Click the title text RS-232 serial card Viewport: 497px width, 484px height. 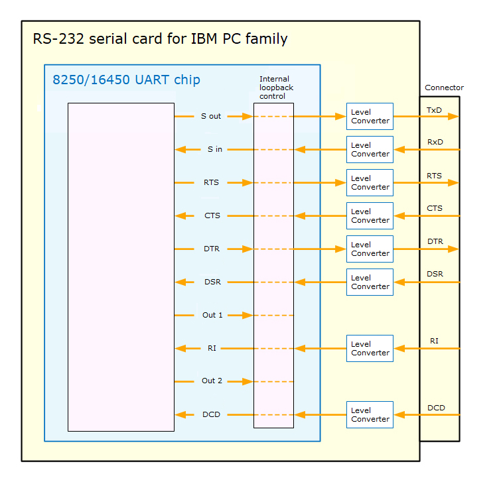point(160,38)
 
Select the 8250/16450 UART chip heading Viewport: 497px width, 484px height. point(126,80)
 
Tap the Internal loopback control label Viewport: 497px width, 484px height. point(276,88)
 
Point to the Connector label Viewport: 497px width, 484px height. point(444,88)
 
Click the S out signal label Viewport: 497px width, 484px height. point(211,116)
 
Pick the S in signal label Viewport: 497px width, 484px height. point(214,149)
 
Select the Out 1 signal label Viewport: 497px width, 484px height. point(212,315)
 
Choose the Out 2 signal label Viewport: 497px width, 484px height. point(212,381)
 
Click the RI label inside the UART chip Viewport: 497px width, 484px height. point(212,348)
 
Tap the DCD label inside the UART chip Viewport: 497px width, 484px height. point(211,414)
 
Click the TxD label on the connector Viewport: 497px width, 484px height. point(434,109)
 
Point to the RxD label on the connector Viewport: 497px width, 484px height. point(435,142)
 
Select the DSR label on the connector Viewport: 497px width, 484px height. point(435,274)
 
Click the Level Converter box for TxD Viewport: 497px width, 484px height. point(370,116)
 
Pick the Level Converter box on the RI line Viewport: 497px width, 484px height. point(370,348)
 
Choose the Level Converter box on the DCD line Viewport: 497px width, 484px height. point(370,414)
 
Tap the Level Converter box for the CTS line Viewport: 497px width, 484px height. point(370,215)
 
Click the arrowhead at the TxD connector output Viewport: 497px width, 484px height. point(453,116)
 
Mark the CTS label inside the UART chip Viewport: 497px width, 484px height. point(212,215)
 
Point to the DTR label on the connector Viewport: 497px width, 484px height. point(435,241)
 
